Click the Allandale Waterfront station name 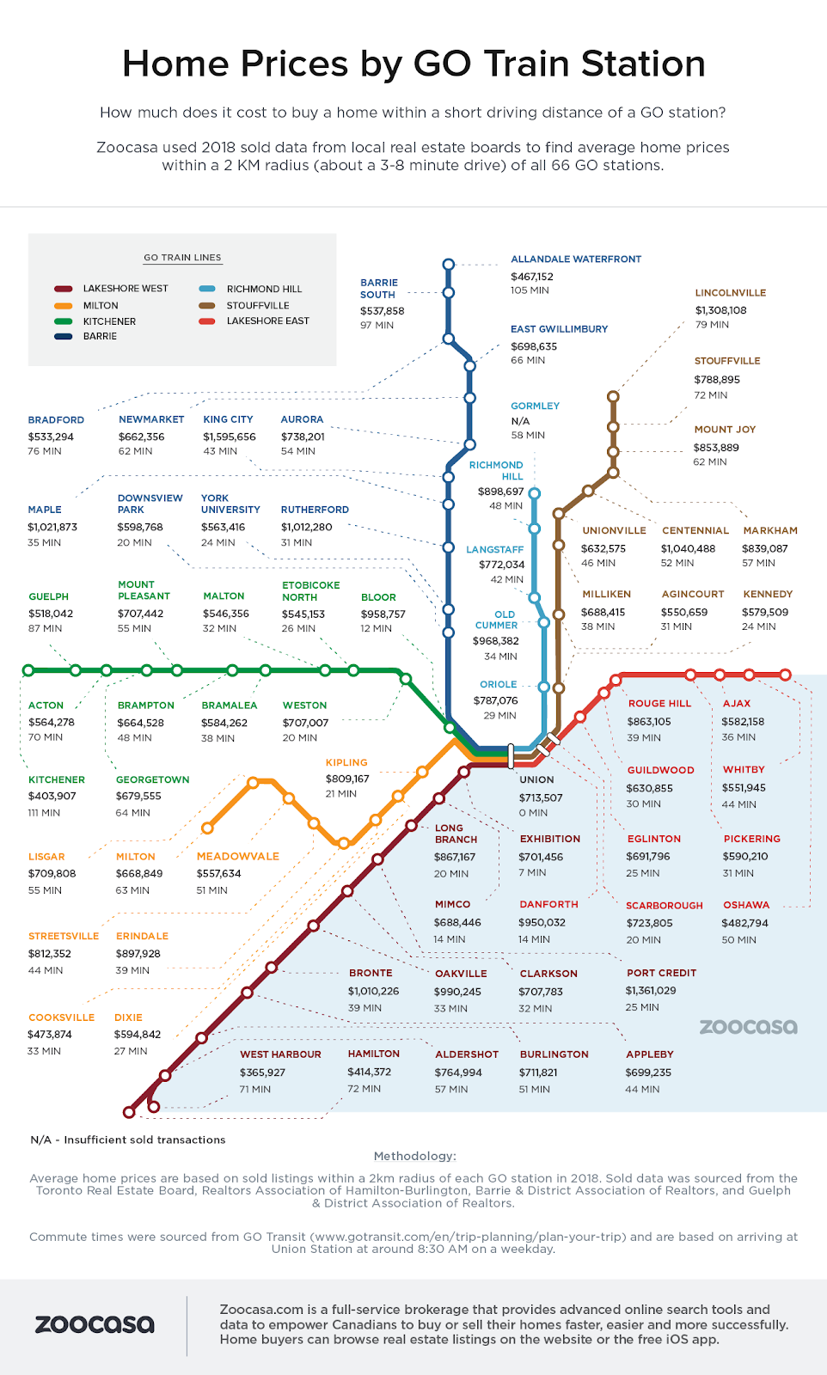coord(576,259)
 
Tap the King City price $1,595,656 coord(230,437)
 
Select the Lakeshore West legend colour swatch coord(63,289)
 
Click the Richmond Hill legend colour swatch coord(207,289)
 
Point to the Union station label coord(536,779)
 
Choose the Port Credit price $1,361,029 coord(651,990)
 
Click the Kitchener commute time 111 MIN coord(44,812)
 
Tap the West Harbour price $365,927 coord(262,1072)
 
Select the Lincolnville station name coord(731,293)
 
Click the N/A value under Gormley coord(520,421)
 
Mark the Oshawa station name coord(746,905)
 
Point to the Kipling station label coord(346,762)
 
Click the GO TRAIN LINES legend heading coord(182,258)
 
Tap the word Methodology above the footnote coord(414,1156)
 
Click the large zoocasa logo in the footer coord(95,1324)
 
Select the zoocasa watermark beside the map coord(748,1026)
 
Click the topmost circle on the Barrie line coord(448,265)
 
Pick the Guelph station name coord(48,596)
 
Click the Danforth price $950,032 coord(542,922)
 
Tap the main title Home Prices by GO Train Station coord(413,64)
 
